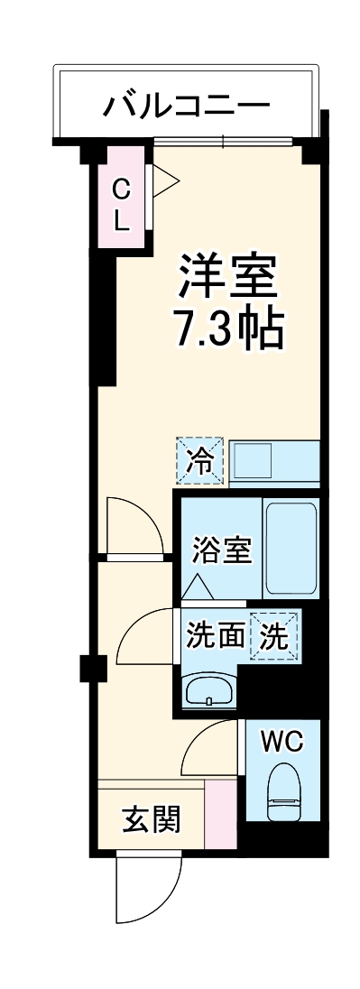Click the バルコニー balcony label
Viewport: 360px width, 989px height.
pyautogui.click(x=186, y=106)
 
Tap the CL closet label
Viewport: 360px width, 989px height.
pyautogui.click(x=121, y=205)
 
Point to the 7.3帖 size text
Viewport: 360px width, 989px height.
pyautogui.click(x=228, y=330)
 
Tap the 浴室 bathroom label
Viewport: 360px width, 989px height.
pyautogui.click(x=222, y=549)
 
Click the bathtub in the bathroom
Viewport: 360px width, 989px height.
pyautogui.click(x=291, y=548)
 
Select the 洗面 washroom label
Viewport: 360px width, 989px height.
pyautogui.click(x=215, y=635)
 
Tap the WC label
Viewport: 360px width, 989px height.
pyautogui.click(x=282, y=742)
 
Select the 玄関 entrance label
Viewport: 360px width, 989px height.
pyautogui.click(x=151, y=819)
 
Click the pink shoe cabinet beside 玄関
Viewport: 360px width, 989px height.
pyautogui.click(x=220, y=814)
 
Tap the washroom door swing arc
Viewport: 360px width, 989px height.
pyautogui.click(x=146, y=636)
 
